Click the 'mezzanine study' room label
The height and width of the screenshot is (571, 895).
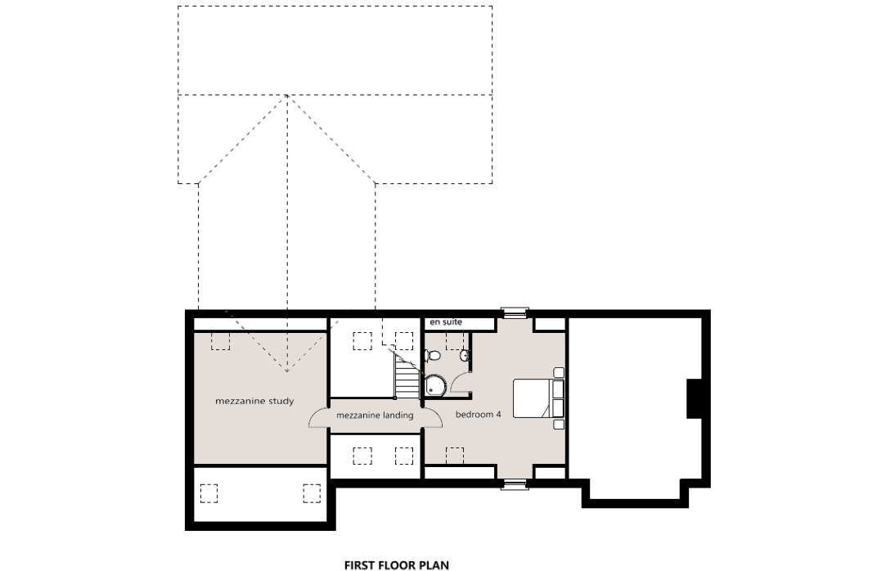click(254, 402)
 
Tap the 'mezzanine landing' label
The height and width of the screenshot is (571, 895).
click(375, 416)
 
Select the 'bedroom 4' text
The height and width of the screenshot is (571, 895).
click(479, 415)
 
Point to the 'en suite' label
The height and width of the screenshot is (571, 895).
click(446, 322)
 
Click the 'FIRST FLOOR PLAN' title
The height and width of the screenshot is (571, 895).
click(397, 565)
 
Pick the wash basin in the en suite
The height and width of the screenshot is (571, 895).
click(465, 356)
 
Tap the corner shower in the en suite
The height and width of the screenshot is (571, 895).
click(435, 384)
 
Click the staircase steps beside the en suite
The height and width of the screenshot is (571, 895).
click(407, 375)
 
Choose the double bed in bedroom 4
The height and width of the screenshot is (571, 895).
click(538, 398)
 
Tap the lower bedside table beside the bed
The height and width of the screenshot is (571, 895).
click(558, 425)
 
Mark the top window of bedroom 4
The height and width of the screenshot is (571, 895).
click(515, 312)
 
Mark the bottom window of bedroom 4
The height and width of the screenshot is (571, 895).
click(515, 485)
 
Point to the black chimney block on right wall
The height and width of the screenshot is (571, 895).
click(694, 398)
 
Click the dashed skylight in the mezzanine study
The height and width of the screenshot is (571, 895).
click(220, 341)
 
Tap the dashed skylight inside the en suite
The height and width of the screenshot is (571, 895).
click(455, 341)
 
